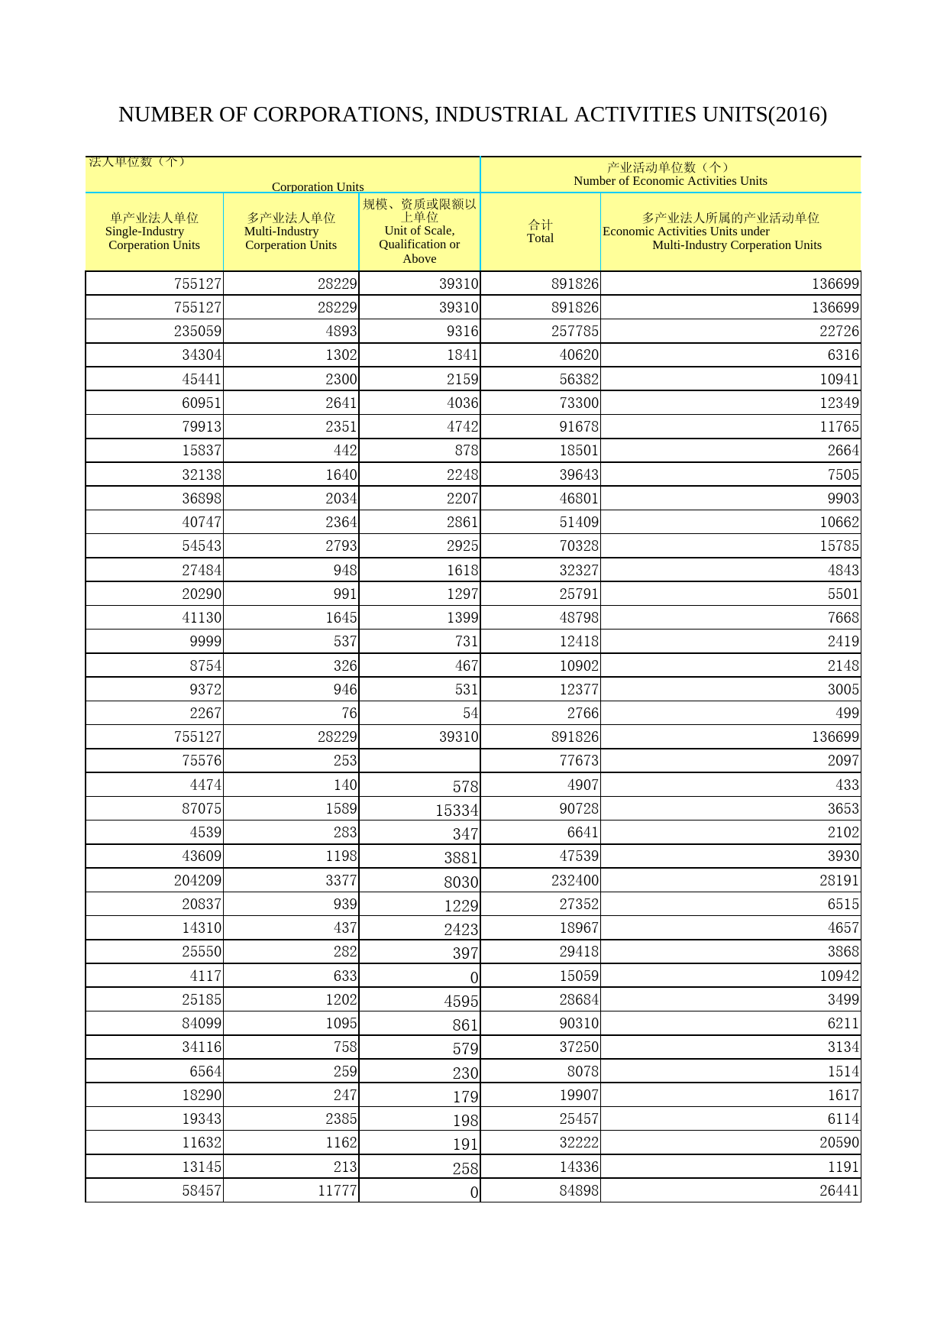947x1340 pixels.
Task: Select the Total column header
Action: point(540,231)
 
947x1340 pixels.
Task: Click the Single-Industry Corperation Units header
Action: point(154,231)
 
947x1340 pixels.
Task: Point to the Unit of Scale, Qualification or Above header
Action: point(419,231)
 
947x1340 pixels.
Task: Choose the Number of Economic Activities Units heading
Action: point(670,174)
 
